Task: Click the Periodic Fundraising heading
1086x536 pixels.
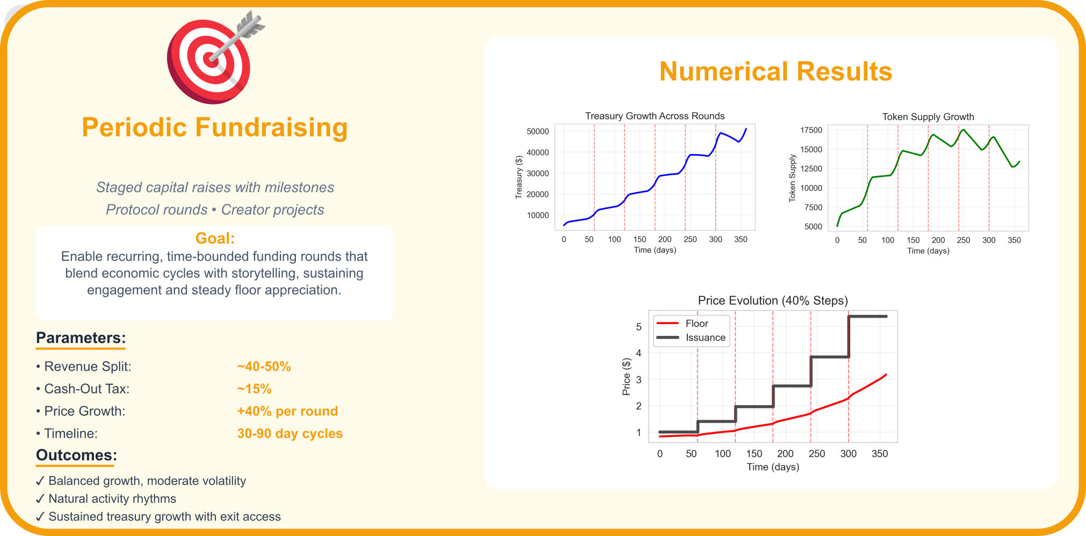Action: [x=215, y=128]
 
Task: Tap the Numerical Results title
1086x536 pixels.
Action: [x=775, y=71]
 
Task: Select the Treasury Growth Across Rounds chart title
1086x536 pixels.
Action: [x=654, y=116]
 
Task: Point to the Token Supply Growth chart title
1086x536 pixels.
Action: [x=928, y=117]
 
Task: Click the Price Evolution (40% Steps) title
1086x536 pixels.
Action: [x=772, y=300]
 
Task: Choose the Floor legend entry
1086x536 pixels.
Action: [x=697, y=324]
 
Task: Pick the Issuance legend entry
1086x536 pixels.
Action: [x=705, y=337]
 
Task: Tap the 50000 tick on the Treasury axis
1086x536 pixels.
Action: [x=538, y=131]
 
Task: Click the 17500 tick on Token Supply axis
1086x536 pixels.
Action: [x=811, y=130]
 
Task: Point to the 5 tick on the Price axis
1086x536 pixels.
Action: [x=639, y=327]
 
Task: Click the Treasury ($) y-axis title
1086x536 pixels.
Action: [x=519, y=178]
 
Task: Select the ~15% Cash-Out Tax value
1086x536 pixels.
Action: [x=254, y=389]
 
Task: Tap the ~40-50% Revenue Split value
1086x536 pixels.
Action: [x=264, y=366]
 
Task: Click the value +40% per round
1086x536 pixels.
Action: [x=287, y=411]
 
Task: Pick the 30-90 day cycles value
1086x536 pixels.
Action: [x=289, y=434]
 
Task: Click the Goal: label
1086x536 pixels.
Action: [x=215, y=238]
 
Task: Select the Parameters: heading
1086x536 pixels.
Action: [x=81, y=338]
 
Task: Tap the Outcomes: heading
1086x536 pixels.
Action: [x=76, y=456]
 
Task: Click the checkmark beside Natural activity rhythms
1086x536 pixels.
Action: [x=40, y=499]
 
